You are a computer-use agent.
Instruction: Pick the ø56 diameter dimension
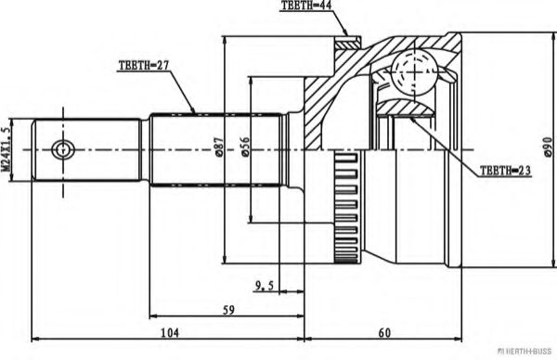point(244,148)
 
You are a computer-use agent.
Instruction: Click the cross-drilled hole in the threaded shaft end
point(62,148)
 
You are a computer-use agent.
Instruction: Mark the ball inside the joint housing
point(409,72)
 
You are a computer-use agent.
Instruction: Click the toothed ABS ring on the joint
point(344,199)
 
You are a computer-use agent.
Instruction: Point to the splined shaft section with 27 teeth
point(214,148)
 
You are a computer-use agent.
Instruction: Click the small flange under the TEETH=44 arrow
point(347,42)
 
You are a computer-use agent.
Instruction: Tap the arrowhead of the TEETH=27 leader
point(194,110)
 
